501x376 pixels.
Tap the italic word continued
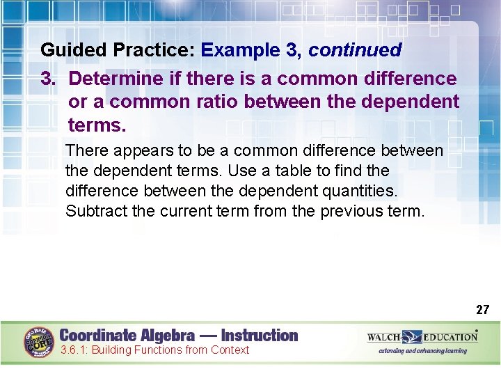[x=355, y=50]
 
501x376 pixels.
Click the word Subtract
[x=94, y=211]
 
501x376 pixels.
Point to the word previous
[x=351, y=211]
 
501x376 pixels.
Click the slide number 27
[x=482, y=310]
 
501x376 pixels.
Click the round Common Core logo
[x=40, y=343]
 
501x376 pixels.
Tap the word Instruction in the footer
[x=260, y=335]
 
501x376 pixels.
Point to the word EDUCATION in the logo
[x=451, y=337]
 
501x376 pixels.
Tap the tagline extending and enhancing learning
[x=422, y=351]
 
